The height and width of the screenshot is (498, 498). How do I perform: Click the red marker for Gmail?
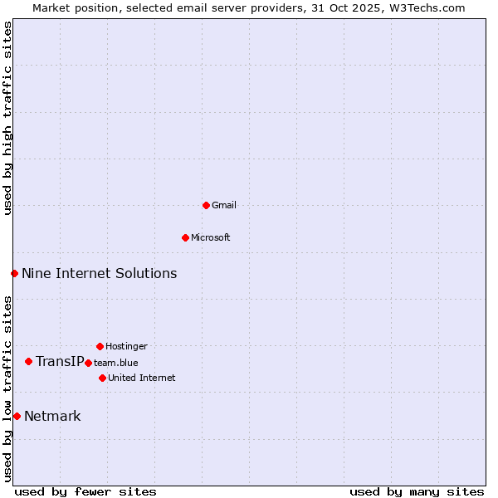point(206,205)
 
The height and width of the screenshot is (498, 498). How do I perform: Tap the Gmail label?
point(224,205)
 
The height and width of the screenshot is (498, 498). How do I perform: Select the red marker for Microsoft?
point(185,237)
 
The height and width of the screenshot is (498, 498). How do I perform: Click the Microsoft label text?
point(211,237)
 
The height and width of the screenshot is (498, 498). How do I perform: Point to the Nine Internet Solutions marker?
point(14,273)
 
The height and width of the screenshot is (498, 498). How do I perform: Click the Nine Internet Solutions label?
point(99,273)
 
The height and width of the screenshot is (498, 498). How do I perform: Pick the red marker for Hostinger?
point(100,346)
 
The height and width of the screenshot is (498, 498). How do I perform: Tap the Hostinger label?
point(126,346)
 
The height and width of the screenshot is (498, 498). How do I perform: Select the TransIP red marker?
point(28,361)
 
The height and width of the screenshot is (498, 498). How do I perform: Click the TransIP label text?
point(60,361)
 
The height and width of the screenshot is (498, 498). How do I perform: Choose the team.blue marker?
point(88,363)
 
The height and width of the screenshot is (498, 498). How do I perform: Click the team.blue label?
point(116,363)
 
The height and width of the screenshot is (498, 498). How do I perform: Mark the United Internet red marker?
point(102,378)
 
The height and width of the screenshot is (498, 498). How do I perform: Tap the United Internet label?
point(141,378)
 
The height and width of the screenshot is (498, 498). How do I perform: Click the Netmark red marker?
point(17,416)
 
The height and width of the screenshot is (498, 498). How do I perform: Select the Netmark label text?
point(52,416)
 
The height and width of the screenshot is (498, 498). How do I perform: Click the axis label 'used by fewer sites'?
point(85,491)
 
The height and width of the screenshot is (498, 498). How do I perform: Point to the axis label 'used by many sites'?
point(417,491)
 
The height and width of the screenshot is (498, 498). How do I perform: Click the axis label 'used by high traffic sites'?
point(7,118)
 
